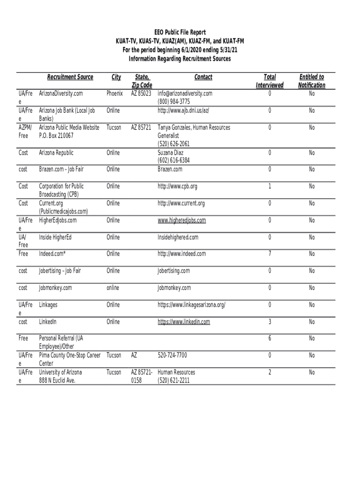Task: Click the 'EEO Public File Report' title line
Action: pyautogui.click(x=180, y=33)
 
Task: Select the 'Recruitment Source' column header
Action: pyautogui.click(x=70, y=77)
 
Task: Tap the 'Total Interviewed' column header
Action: pyautogui.click(x=270, y=81)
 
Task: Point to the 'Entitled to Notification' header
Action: pyautogui.click(x=311, y=81)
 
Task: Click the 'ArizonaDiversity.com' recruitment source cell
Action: pyautogui.click(x=61, y=94)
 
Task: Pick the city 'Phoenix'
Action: pyautogui.click(x=115, y=94)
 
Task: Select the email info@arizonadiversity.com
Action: pyautogui.click(x=185, y=94)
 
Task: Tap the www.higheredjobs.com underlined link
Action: pyautogui.click(x=181, y=220)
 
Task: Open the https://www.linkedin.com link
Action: pyautogui.click(x=184, y=322)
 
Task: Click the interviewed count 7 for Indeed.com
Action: pyautogui.click(x=270, y=254)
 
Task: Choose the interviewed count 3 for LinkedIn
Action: pyautogui.click(x=270, y=322)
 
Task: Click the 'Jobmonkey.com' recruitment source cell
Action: pyautogui.click(x=56, y=288)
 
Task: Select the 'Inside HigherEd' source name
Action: pyautogui.click(x=55, y=237)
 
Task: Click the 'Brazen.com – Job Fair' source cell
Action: pyautogui.click(x=62, y=169)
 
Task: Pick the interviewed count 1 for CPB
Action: pyautogui.click(x=270, y=186)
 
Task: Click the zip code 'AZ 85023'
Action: pyautogui.click(x=142, y=94)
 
